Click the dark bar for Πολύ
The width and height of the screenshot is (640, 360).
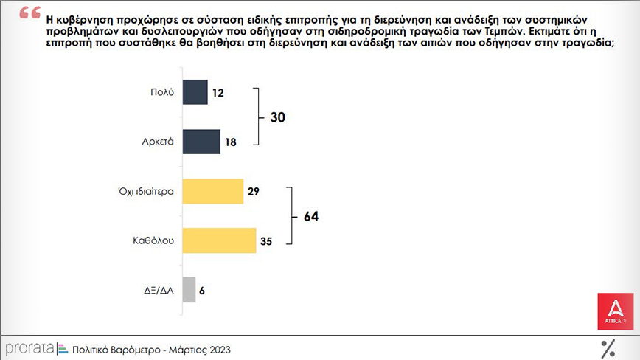coord(195,92)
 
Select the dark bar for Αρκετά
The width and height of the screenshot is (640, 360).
coord(201,142)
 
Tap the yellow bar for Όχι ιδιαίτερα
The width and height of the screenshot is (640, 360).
coord(212,191)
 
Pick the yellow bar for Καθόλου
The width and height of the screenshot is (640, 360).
coord(218,240)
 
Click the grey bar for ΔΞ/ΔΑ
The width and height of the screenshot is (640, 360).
coord(189,290)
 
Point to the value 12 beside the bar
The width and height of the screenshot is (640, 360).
coord(218,93)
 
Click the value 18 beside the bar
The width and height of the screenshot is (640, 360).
coord(230,142)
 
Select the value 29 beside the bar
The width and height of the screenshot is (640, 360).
coord(253,192)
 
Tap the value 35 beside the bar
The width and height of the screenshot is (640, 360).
coord(265,241)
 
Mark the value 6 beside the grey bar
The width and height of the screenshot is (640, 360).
coord(202,291)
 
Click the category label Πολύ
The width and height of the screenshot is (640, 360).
coord(161,93)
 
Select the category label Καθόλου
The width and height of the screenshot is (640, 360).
coord(153,241)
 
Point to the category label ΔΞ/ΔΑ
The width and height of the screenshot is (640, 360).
coord(159,291)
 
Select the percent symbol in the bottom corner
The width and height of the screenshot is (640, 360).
coord(608,348)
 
